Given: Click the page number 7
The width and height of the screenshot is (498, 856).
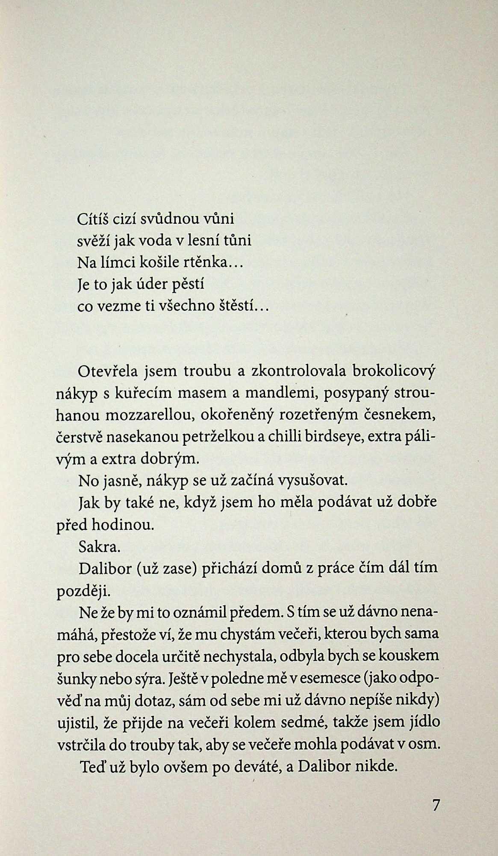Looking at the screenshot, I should (x=436, y=805).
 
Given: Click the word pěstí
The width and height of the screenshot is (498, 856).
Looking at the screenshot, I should (x=186, y=284).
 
